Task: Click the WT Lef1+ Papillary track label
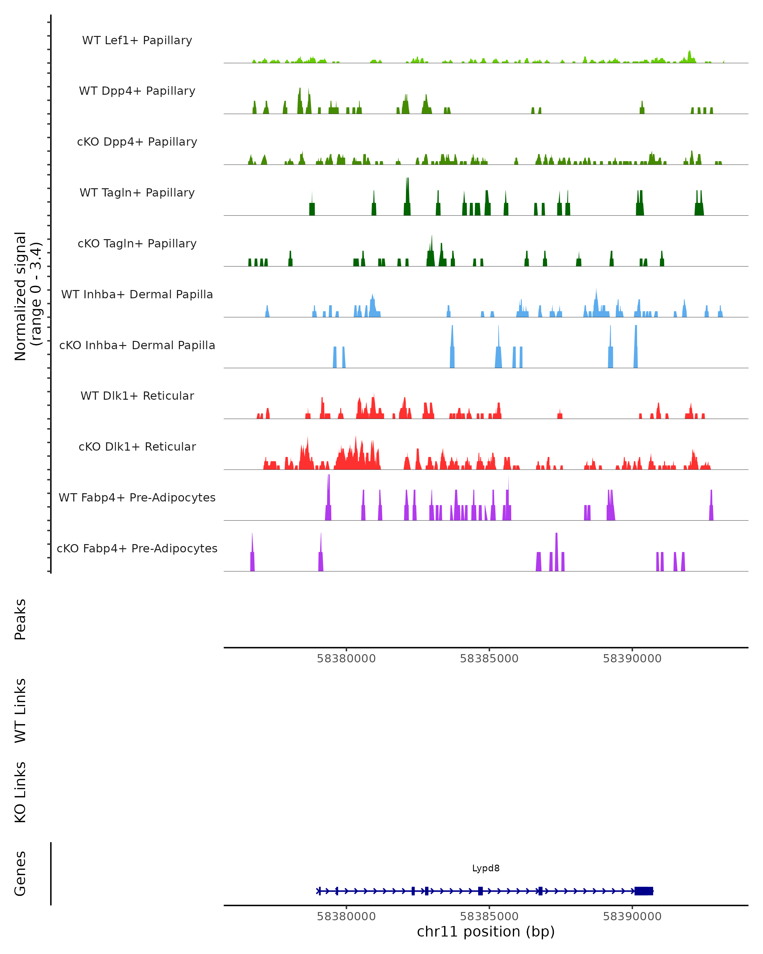point(137,40)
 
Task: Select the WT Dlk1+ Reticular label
point(137,396)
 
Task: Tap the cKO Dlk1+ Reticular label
point(137,446)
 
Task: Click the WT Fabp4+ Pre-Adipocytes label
point(137,497)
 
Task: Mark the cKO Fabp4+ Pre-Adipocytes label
point(137,548)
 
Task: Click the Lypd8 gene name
point(486,868)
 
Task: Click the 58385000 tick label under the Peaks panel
point(489,659)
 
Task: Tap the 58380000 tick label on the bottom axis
point(346,916)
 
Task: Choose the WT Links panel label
point(20,710)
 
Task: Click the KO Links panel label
point(20,792)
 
